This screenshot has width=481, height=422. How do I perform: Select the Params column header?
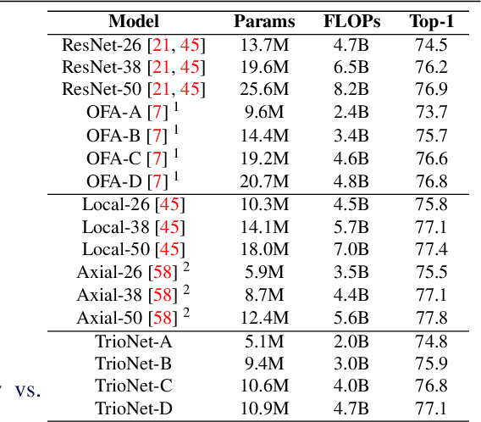[265, 21]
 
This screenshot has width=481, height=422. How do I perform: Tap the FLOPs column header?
[352, 21]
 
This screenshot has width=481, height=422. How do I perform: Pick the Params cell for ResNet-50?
[265, 89]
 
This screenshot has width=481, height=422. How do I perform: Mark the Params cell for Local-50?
[265, 249]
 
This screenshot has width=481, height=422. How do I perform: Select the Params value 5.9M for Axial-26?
[265, 272]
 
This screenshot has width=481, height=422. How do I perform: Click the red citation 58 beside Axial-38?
[162, 295]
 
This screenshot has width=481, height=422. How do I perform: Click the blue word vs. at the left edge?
[28, 391]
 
